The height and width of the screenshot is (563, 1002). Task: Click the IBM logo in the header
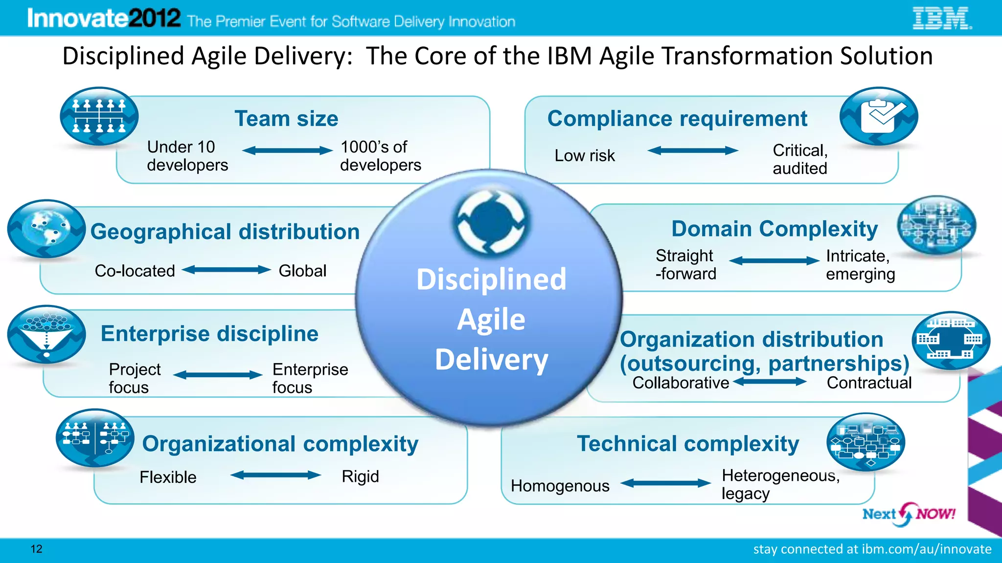941,19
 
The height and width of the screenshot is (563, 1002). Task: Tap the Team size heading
286,119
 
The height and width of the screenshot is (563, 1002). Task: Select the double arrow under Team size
287,151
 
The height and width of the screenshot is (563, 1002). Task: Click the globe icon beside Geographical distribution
46,229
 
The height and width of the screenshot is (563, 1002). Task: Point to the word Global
302,271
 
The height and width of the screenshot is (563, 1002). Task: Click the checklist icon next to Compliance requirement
879,116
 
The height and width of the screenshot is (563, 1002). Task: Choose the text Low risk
585,155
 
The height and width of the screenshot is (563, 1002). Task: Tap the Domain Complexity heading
774,229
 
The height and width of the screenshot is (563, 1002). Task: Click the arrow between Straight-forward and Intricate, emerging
774,261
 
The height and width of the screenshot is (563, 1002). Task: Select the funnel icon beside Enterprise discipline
46,334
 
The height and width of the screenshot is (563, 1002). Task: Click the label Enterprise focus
310,378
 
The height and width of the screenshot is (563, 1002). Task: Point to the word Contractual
869,383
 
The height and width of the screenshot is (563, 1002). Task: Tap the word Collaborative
681,383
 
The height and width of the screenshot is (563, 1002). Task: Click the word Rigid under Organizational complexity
360,476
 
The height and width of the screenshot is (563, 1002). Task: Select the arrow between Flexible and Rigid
275,475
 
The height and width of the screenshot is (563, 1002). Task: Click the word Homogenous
560,486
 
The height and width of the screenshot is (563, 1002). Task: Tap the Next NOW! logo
908,514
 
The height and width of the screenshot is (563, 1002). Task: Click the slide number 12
36,549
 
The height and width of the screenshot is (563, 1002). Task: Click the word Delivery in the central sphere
491,360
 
